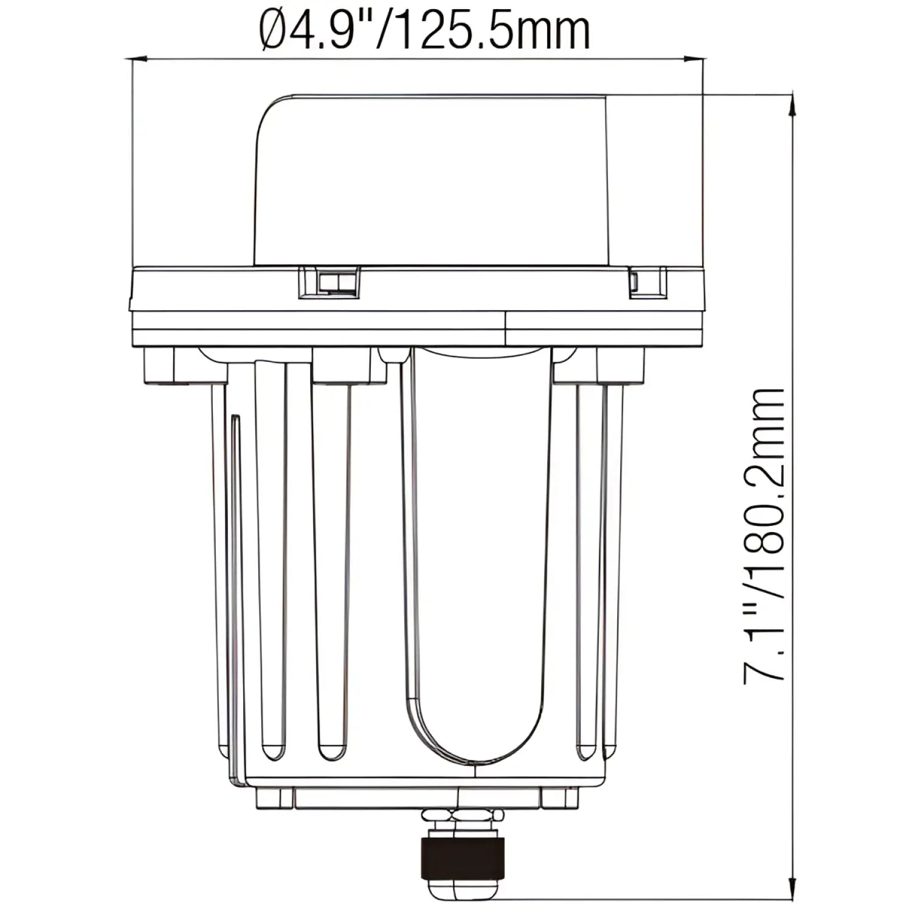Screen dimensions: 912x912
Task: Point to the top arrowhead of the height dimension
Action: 792,103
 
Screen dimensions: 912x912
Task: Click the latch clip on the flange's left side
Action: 328,282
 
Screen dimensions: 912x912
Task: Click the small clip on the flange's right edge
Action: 648,282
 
